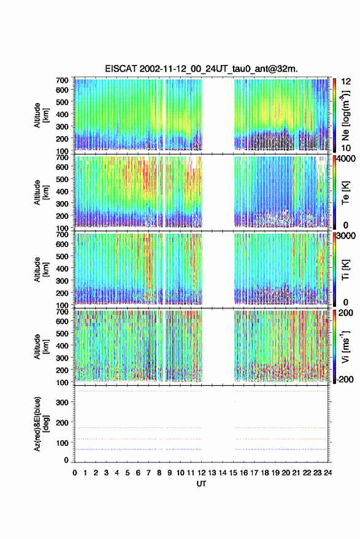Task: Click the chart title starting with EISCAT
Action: pyautogui.click(x=201, y=69)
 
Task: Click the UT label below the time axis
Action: pyautogui.click(x=201, y=484)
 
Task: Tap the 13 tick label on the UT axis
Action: pyautogui.click(x=212, y=473)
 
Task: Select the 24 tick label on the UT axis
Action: pyautogui.click(x=328, y=473)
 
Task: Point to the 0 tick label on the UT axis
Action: pyautogui.click(x=75, y=473)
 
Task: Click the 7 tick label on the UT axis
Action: pyautogui.click(x=148, y=473)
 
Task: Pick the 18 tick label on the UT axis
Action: pyautogui.click(x=265, y=473)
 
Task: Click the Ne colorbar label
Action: pyautogui.click(x=345, y=115)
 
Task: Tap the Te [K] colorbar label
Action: pyautogui.click(x=345, y=193)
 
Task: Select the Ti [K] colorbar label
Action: pyautogui.click(x=345, y=270)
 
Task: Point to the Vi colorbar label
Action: pyautogui.click(x=345, y=346)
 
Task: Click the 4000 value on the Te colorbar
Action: pyautogui.click(x=346, y=159)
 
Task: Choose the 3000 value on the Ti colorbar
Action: pyautogui.click(x=346, y=236)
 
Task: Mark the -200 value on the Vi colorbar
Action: pyautogui.click(x=345, y=379)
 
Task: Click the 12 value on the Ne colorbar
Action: pyautogui.click(x=346, y=82)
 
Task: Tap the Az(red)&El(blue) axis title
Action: pyautogui.click(x=40, y=424)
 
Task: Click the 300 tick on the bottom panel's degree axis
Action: pyautogui.click(x=63, y=402)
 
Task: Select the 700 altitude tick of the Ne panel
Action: pyautogui.click(x=62, y=80)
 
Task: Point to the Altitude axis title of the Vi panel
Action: pyautogui.click(x=41, y=346)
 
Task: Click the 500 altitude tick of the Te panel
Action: pyautogui.click(x=62, y=179)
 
